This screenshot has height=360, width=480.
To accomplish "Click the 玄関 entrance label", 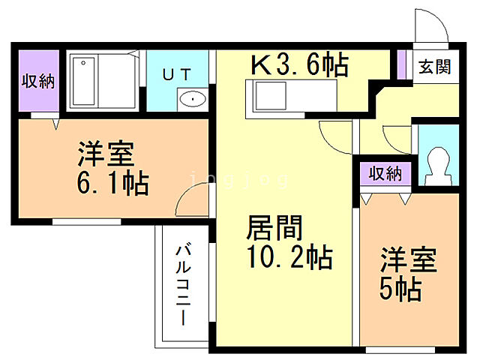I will pos(434,67).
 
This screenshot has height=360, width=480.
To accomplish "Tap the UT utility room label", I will pos(178,73).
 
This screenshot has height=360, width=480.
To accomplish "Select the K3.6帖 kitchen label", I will pos(299,65).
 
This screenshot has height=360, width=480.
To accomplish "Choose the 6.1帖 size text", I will pos(112,182).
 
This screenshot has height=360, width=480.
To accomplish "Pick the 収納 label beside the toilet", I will pos(385,174).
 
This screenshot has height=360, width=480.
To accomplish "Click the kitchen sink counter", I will pos(292,97).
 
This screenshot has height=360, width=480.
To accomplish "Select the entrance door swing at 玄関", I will pos(427,28).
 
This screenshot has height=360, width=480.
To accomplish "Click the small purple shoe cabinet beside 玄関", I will pos(401,64).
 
